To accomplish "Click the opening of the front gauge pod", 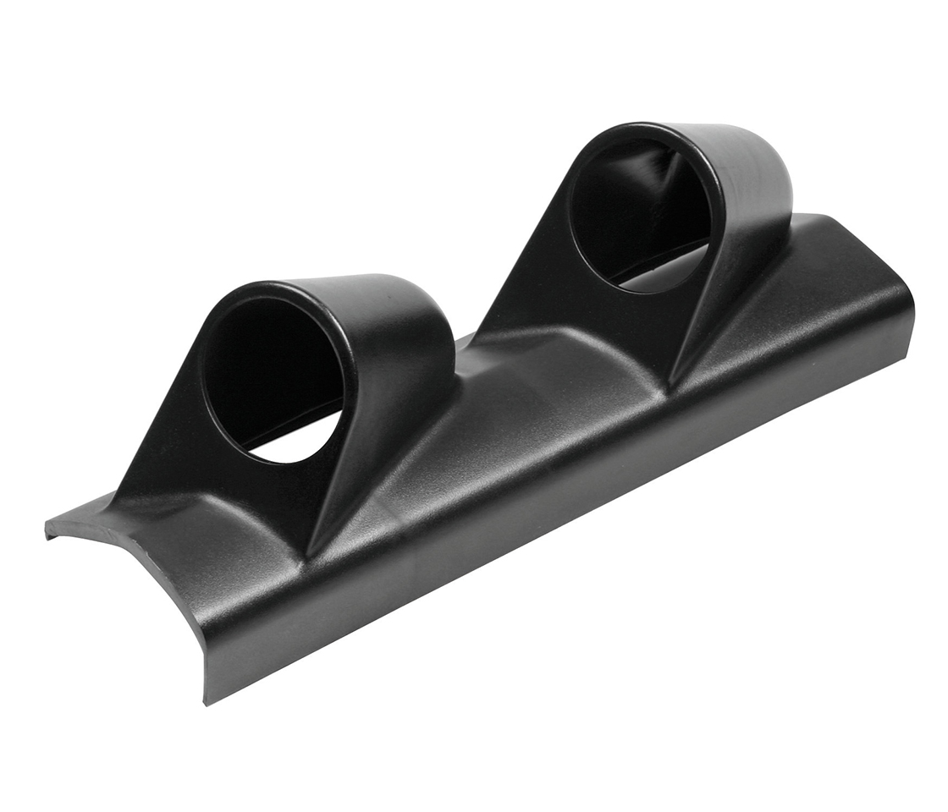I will click(275, 372).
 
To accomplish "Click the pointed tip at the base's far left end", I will click(47, 529).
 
